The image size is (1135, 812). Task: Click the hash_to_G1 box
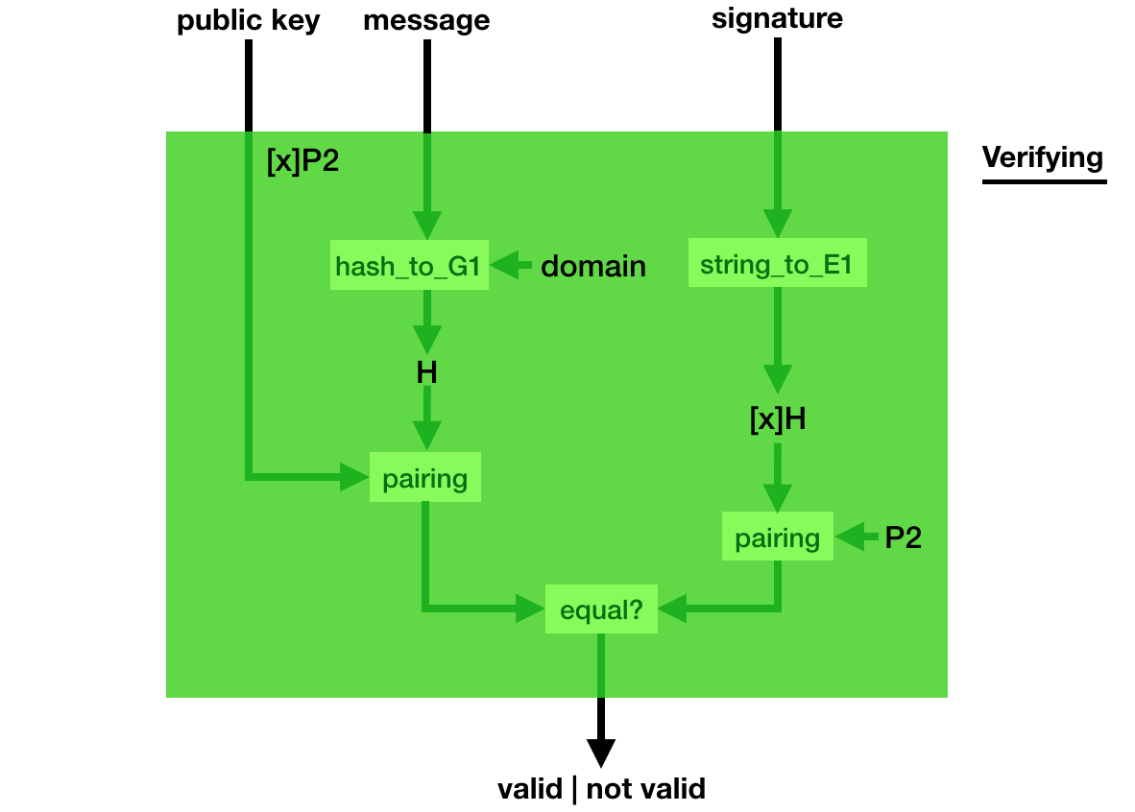[x=408, y=266]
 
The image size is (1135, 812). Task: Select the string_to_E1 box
[x=777, y=265]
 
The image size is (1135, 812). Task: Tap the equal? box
[x=601, y=609]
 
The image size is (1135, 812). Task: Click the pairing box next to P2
[x=777, y=538]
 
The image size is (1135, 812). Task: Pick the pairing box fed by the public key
[x=424, y=478]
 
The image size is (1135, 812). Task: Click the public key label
[x=248, y=21]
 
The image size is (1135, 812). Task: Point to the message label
[x=426, y=21]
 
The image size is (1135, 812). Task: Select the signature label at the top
[x=777, y=19]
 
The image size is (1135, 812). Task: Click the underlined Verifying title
[x=1043, y=158]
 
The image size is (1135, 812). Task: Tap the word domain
[x=593, y=266]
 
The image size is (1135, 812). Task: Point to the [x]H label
[x=777, y=419]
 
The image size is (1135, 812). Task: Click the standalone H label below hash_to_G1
[x=426, y=372]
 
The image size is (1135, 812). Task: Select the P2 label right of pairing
[x=903, y=538]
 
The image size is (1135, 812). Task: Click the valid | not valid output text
[x=601, y=789]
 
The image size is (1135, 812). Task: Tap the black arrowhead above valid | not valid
[x=601, y=752]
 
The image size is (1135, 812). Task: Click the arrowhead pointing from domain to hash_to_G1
[x=505, y=265]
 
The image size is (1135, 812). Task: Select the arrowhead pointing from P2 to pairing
[x=849, y=537]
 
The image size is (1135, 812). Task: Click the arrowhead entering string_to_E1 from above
[x=777, y=224]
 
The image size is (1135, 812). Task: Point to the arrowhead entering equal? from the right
[x=672, y=608]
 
